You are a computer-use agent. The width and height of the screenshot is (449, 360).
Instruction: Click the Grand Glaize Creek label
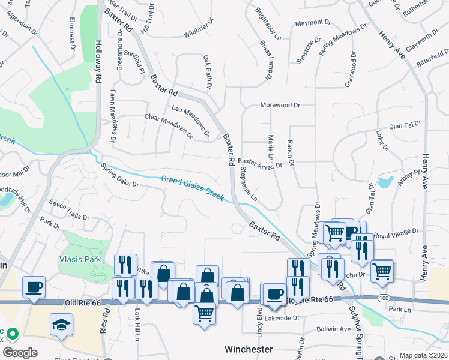192,188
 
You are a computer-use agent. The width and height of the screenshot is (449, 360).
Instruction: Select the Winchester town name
249,349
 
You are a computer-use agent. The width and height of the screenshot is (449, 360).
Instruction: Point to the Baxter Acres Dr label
259,163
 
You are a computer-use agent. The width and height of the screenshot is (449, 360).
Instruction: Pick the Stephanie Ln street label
249,184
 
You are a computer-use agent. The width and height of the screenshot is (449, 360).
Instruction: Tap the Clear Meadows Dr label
169,126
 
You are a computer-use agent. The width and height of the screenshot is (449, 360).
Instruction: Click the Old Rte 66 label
76,303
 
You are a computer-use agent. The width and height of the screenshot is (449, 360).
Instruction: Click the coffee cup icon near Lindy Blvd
274,293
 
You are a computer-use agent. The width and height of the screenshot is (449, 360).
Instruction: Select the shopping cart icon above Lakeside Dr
205,312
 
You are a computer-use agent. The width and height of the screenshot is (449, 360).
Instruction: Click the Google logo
19,353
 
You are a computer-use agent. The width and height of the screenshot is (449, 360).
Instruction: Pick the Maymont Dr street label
309,23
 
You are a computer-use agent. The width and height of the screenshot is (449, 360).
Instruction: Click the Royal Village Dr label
396,232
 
